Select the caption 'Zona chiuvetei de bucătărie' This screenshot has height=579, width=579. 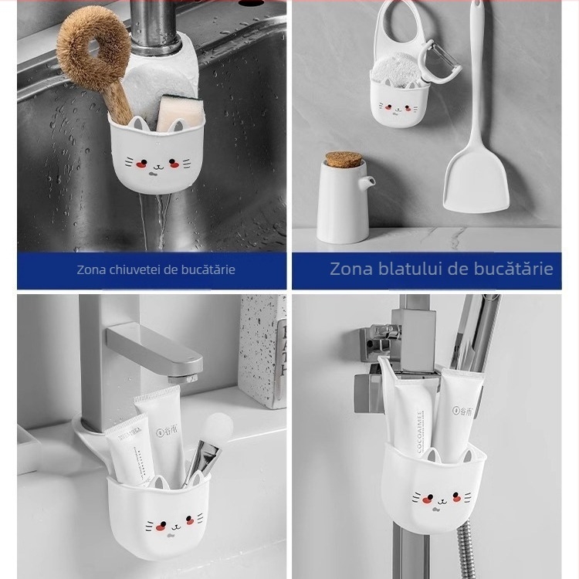pos(155,270)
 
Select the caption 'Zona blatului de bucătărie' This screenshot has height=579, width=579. pos(441,269)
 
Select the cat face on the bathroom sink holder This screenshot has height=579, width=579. pos(164,525)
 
